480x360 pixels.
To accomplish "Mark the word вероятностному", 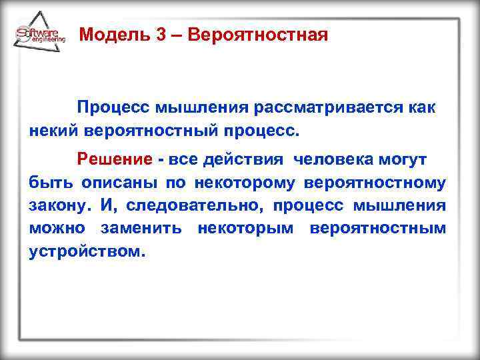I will [x=375, y=183].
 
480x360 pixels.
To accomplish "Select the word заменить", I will [x=140, y=228].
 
